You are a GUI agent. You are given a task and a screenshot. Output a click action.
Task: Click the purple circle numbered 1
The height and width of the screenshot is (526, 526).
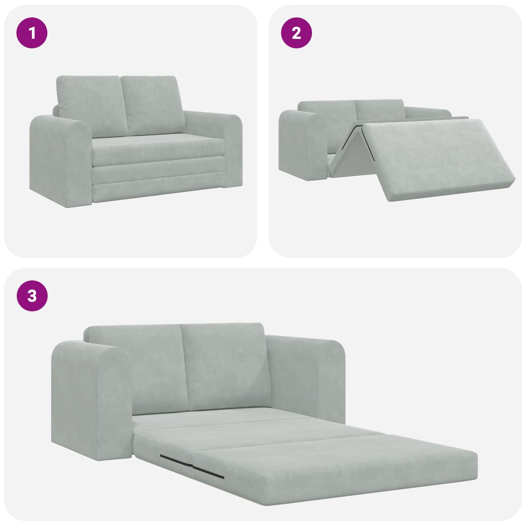[x=32, y=33]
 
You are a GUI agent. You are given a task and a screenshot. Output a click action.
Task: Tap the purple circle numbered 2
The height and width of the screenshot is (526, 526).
[x=296, y=33]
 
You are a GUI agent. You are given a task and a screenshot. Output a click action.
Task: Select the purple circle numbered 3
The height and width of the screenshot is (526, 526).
[x=32, y=296]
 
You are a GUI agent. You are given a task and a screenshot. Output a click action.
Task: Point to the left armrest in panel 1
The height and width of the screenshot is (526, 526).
[x=60, y=160]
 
